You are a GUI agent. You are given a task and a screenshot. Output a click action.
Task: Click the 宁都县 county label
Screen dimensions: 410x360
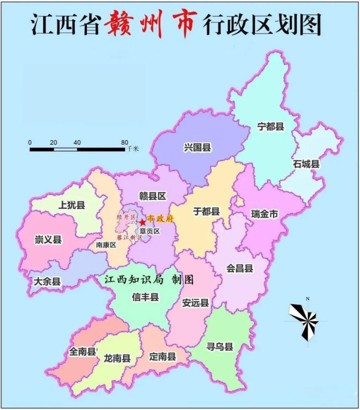coord(271,126)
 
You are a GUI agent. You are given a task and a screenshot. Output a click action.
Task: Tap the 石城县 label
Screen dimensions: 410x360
coord(306,164)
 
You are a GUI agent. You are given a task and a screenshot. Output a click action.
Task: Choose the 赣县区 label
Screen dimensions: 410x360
coord(152,197)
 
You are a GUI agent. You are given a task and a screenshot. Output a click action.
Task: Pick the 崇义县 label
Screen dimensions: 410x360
coord(48,239)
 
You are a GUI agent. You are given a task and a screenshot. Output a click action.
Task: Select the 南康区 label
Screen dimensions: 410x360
coord(106,245)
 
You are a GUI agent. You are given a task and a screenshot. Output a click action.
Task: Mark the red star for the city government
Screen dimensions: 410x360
coord(142,222)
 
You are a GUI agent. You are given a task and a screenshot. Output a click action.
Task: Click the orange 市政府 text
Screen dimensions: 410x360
coord(161,219)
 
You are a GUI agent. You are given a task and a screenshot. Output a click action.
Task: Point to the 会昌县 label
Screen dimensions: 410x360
coord(240,269)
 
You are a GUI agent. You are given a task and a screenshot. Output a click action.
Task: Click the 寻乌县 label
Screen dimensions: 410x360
coord(220,347)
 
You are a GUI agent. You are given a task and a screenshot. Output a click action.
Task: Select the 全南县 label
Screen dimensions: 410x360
coord(82,352)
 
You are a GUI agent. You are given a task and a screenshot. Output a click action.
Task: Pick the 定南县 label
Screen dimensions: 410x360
coord(163,356)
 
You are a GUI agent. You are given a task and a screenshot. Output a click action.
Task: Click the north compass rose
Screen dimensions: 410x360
coord(305,319)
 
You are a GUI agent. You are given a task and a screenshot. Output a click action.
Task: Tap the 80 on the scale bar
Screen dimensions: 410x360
coord(124,142)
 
